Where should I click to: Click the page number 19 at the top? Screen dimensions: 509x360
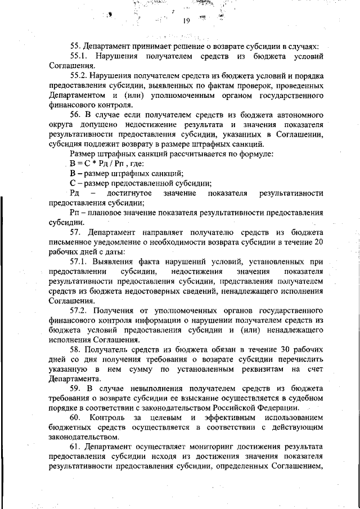[x=187, y=22]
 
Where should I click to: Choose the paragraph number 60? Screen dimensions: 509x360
[x=76, y=418]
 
